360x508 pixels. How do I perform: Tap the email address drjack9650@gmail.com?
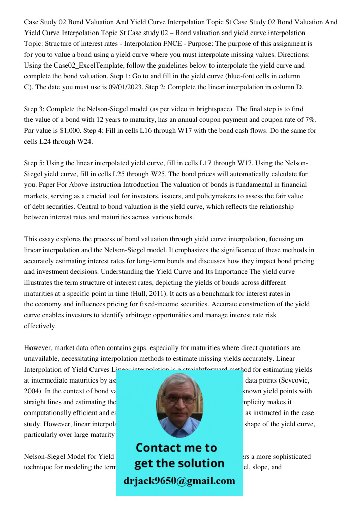click(179, 481)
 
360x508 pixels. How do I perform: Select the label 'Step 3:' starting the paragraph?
click(36, 109)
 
